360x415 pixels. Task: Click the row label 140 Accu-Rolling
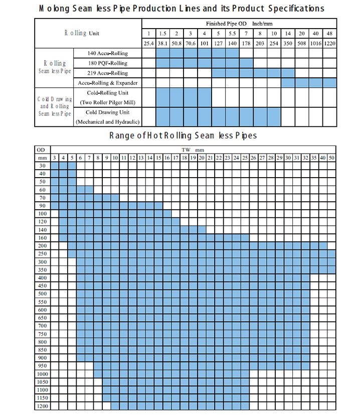tap(108, 53)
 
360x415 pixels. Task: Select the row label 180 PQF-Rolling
tap(108, 63)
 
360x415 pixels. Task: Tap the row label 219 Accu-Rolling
tap(108, 73)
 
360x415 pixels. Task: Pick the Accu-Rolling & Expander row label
tap(108, 82)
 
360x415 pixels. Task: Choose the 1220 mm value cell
tap(329, 43)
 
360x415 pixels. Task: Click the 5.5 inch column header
tap(232, 34)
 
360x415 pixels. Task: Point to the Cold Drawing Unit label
tap(107, 112)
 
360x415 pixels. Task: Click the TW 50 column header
tap(331, 158)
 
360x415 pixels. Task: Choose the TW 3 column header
tap(54, 158)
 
